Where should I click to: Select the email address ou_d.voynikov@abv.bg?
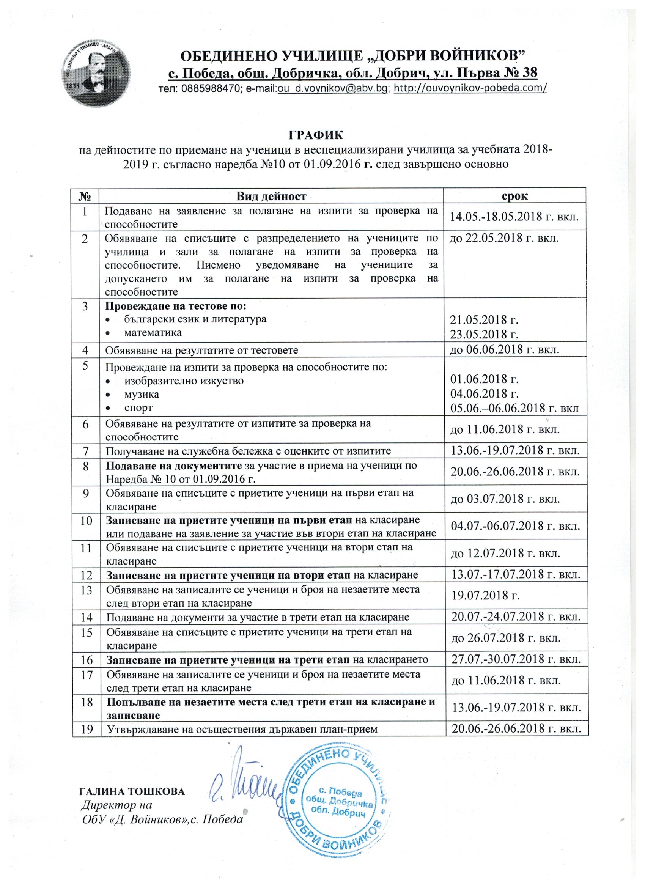pyautogui.click(x=332, y=88)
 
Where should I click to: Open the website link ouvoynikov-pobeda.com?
pyautogui.click(x=470, y=88)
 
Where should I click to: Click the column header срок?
pyautogui.click(x=514, y=195)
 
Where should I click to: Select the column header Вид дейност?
pyautogui.click(x=271, y=196)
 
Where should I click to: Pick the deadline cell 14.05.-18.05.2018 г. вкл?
pyautogui.click(x=514, y=217)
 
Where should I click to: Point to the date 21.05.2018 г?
pyautogui.click(x=484, y=320)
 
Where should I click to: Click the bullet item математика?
pyautogui.click(x=153, y=333)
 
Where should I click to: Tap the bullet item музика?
pyautogui.click(x=142, y=394)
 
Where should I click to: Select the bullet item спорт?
pyautogui.click(x=138, y=408)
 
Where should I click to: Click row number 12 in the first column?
pyautogui.click(x=87, y=575)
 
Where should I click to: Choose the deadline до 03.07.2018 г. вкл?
pyautogui.click(x=505, y=499)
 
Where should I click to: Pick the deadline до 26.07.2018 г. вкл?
pyautogui.click(x=506, y=638)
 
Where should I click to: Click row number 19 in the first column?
pyautogui.click(x=87, y=729)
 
